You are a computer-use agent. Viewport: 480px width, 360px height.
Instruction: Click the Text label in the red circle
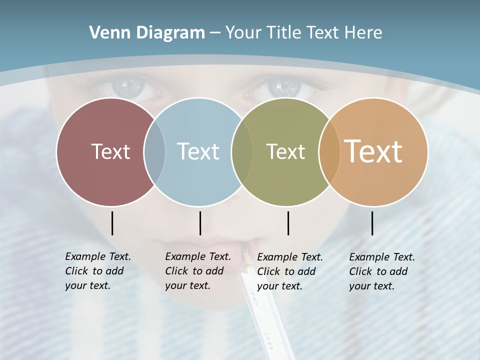tap(110, 151)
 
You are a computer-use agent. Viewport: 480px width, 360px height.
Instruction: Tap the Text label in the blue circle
tap(198, 151)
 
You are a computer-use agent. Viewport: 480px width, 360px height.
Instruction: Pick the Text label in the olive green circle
tap(285, 151)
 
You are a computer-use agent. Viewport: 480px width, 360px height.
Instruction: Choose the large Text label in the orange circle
tap(373, 151)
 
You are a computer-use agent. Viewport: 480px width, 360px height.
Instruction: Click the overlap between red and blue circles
tap(154, 151)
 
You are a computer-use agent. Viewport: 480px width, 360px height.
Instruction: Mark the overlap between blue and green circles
tap(242, 151)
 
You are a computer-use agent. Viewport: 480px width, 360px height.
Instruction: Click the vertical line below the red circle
tap(112, 223)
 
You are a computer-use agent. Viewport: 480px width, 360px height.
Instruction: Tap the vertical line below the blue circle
tap(200, 223)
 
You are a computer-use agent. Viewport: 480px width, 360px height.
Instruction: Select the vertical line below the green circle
tap(288, 223)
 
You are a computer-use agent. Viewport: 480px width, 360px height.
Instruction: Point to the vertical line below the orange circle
tap(372, 223)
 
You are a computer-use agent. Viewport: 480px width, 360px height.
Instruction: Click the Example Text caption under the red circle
tap(98, 271)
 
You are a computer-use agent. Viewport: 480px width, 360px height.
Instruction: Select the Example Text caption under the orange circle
tap(382, 271)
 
